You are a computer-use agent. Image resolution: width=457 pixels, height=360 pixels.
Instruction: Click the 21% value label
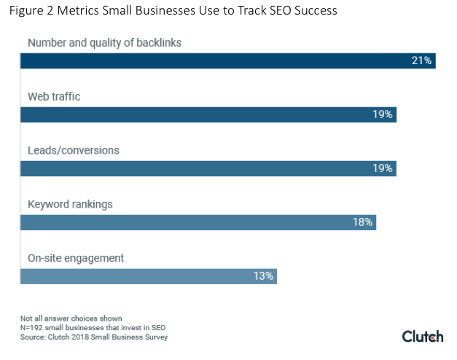pyautogui.click(x=421, y=60)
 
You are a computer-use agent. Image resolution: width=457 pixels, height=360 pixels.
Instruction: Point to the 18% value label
pyautogui.click(x=362, y=222)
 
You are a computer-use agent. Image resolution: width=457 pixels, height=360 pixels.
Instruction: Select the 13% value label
pyautogui.click(x=263, y=276)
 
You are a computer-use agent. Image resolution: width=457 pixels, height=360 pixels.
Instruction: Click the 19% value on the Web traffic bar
pyautogui.click(x=382, y=114)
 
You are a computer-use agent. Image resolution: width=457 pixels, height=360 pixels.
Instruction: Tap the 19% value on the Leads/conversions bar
pyautogui.click(x=382, y=168)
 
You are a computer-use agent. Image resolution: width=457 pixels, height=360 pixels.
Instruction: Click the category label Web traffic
pyautogui.click(x=55, y=96)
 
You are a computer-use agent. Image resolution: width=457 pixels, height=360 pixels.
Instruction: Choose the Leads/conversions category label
pyautogui.click(x=73, y=150)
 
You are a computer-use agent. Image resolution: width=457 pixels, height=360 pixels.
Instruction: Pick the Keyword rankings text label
pyautogui.click(x=70, y=204)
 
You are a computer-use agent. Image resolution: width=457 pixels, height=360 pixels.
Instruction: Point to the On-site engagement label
pyautogui.click(x=76, y=258)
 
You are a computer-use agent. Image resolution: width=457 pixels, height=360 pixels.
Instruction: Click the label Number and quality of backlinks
pyautogui.click(x=104, y=42)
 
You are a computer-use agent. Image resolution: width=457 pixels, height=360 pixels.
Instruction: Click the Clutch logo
pyautogui.click(x=422, y=336)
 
